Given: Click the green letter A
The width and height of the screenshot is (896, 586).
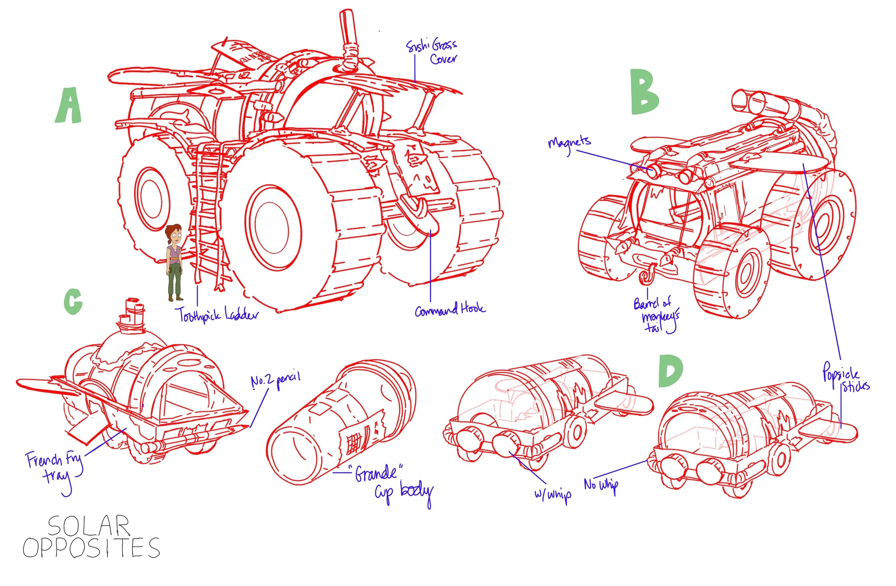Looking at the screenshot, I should (68, 106).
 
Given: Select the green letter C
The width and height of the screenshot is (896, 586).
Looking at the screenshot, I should (73, 301).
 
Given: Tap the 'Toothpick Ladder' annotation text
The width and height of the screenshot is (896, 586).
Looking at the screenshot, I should (218, 315).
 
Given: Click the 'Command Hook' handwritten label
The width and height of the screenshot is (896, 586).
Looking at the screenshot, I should (450, 309).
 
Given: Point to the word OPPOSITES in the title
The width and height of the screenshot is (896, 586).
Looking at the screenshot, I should (91, 548).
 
